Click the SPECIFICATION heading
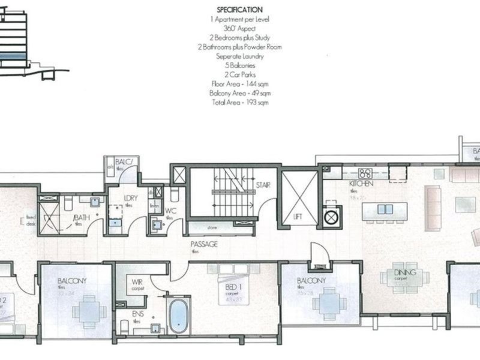tap(239, 10)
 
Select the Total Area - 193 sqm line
tap(239, 103)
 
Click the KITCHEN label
tap(362, 182)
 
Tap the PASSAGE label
tap(204, 245)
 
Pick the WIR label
tap(137, 281)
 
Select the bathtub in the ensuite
tap(179, 316)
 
